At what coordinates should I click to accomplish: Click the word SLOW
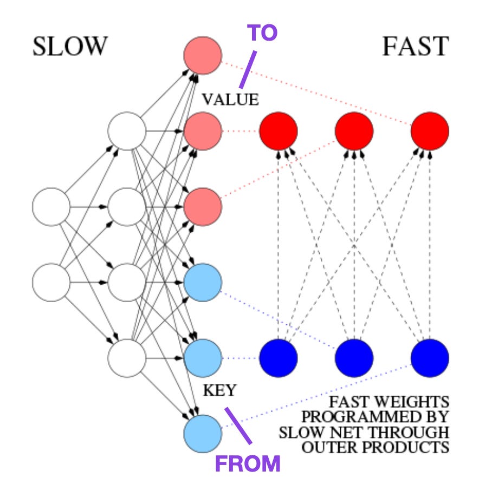70,47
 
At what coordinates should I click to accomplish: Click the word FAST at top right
415,47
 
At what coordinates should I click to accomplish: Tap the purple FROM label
248,464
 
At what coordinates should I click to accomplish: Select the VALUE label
231,100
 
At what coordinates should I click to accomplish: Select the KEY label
219,390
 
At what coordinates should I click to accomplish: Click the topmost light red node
203,56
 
